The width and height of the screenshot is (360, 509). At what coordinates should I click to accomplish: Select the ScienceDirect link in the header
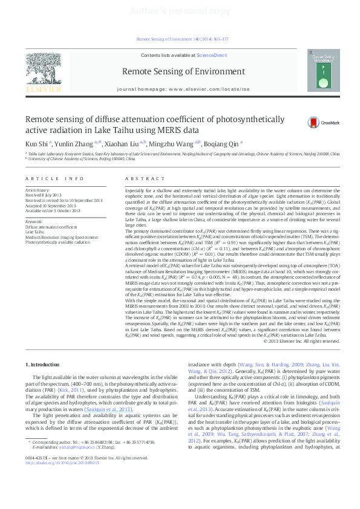211,55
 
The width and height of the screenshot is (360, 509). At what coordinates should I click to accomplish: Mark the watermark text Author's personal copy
180,11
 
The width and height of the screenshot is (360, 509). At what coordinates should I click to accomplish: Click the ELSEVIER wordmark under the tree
42,89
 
